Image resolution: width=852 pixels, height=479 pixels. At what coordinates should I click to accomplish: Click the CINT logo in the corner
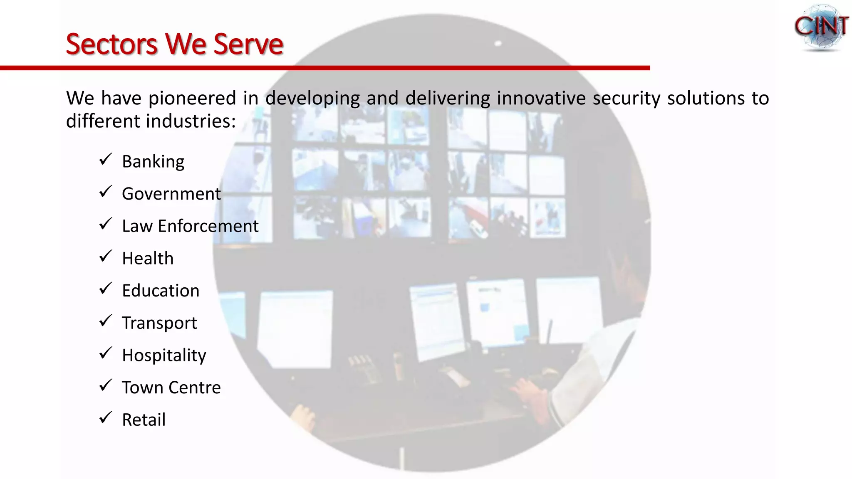(820, 27)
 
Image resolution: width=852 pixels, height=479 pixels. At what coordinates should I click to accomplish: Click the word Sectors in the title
(111, 44)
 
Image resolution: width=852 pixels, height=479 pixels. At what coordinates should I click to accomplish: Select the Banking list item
(153, 162)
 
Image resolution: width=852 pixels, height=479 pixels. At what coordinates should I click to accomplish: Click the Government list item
(171, 194)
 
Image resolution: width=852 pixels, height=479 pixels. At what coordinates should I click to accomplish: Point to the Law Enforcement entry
(190, 226)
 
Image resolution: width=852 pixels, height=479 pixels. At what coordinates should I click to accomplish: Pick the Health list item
(147, 258)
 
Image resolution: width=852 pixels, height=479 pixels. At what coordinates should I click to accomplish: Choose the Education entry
(161, 291)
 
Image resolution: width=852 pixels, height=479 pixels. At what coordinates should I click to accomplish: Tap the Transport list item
(159, 323)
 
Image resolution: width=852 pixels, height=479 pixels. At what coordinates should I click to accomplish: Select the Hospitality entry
(164, 356)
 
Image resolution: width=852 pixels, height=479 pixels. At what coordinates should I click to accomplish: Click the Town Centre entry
(171, 388)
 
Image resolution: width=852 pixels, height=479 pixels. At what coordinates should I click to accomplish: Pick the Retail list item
(144, 420)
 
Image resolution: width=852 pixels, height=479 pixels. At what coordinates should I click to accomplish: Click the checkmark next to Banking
(106, 159)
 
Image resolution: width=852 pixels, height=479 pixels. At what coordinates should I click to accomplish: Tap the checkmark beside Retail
(106, 417)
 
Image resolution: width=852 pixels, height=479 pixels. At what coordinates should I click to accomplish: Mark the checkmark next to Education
(106, 288)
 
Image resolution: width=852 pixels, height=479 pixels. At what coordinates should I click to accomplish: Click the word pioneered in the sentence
(192, 99)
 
